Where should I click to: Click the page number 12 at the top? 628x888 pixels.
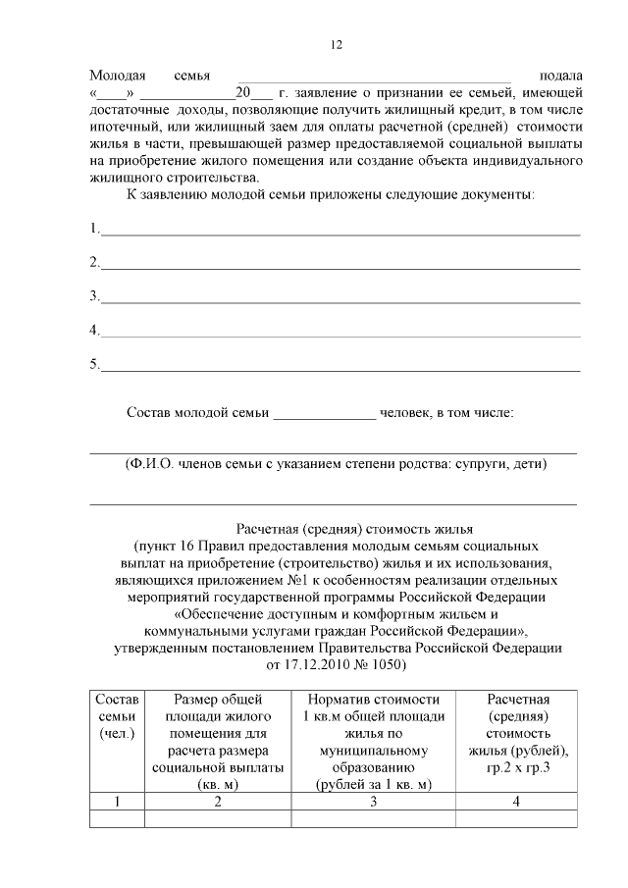tap(335, 45)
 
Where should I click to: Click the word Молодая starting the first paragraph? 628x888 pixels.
tap(117, 76)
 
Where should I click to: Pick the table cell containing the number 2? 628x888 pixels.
tap(218, 802)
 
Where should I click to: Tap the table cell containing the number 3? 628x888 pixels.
tap(373, 802)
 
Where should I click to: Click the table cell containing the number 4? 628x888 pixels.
tap(516, 802)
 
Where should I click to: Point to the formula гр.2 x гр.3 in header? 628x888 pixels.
tap(516, 767)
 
